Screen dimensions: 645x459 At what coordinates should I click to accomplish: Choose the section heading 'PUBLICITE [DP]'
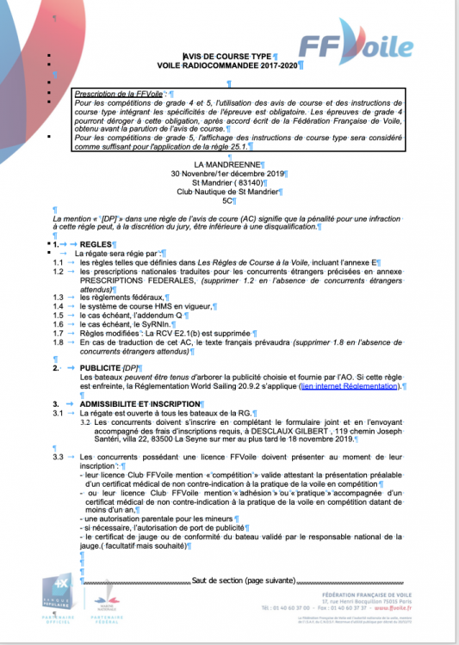109,368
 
